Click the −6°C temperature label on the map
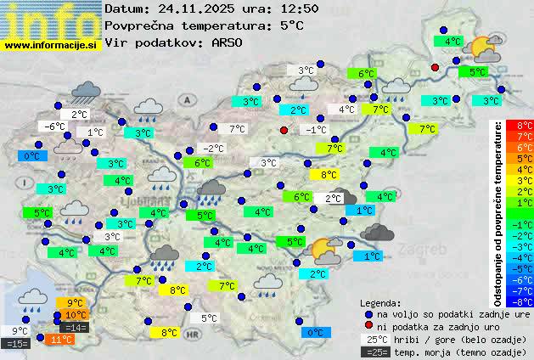click(x=54, y=127)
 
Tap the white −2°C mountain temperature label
click(x=213, y=148)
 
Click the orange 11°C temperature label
click(x=60, y=340)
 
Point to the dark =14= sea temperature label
click(x=76, y=328)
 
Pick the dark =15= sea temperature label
click(x=17, y=344)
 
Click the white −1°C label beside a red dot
click(x=316, y=130)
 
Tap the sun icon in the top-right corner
click(x=484, y=48)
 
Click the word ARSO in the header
click(x=228, y=42)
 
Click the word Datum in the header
click(x=124, y=8)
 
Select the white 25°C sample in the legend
click(x=375, y=339)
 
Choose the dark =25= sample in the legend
click(x=375, y=352)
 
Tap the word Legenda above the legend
click(x=380, y=302)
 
